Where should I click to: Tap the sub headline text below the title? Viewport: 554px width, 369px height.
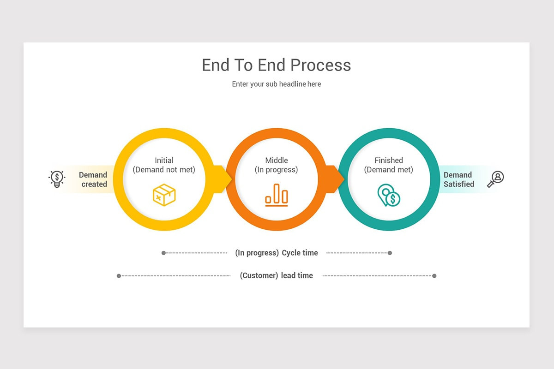[x=277, y=84]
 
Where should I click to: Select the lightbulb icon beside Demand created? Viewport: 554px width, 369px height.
[x=57, y=179]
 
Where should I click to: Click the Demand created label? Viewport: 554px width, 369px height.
[x=93, y=179]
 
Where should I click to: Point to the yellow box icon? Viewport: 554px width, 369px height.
[x=164, y=195]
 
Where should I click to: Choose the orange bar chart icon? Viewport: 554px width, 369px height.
[x=276, y=194]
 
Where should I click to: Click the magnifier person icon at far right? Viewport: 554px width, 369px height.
[x=496, y=179]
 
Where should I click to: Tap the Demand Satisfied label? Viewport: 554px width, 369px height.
[x=458, y=179]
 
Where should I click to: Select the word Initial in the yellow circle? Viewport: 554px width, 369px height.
[x=164, y=161]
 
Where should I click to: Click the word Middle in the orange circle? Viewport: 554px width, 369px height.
[x=276, y=161]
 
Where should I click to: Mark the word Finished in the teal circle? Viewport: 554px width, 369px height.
[x=389, y=161]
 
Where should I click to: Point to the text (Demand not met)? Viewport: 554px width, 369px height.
[x=164, y=170]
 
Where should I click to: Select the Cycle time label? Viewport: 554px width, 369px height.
[x=300, y=253]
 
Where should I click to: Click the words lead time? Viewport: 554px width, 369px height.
[x=297, y=276]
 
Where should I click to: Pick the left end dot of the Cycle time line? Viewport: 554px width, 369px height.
[x=163, y=253]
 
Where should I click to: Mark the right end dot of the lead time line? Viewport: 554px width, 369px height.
[x=434, y=276]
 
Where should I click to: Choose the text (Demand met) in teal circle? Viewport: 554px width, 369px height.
[x=389, y=170]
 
